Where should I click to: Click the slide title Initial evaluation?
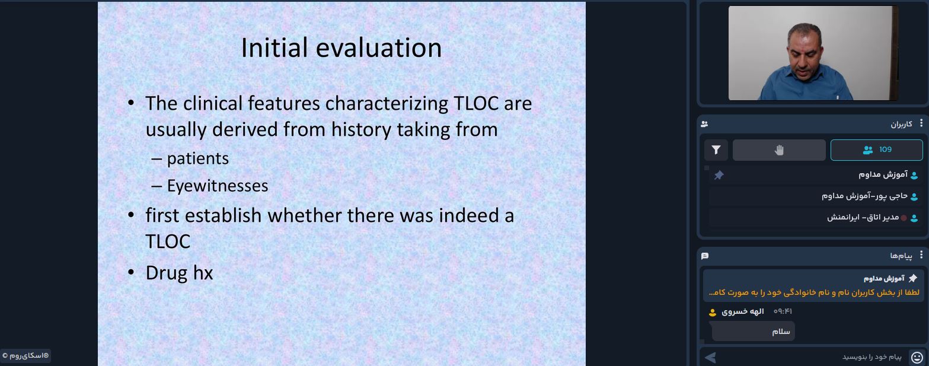[x=341, y=47]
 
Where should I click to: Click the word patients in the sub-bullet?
[x=198, y=158]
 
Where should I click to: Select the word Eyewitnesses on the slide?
[x=218, y=186]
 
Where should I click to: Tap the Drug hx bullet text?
[x=179, y=273]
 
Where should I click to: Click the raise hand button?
[x=779, y=150]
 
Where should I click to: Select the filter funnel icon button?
[x=716, y=150]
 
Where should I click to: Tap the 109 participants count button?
[x=876, y=150]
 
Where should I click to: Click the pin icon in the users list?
[x=719, y=175]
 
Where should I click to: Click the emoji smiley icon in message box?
[x=917, y=357]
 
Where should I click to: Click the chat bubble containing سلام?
[x=753, y=331]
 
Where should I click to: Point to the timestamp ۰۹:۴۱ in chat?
[x=783, y=311]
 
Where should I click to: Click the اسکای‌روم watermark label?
[x=25, y=356]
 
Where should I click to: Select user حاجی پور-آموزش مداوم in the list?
[x=864, y=196]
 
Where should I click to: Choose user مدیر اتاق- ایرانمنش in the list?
[x=863, y=218]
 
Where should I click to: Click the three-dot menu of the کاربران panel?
[x=921, y=123]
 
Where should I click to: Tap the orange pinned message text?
[x=814, y=292]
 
